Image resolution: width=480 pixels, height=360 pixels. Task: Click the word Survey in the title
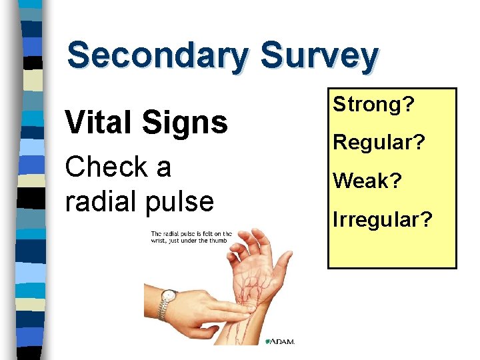[320, 57]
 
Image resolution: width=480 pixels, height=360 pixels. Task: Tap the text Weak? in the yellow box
[367, 180]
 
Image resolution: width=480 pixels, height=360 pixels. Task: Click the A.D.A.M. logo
[283, 341]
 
